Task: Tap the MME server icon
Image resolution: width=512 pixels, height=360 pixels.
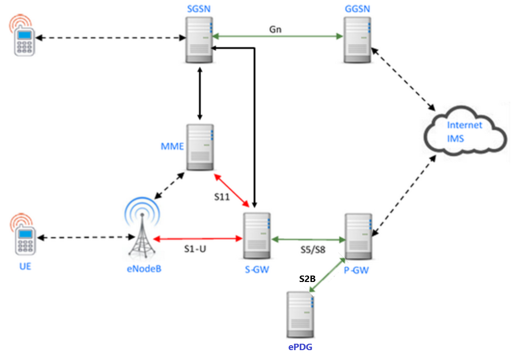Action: point(199,148)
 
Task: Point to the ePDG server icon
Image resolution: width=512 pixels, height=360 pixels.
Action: point(300,315)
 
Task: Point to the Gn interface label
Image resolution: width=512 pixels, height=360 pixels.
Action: point(276,29)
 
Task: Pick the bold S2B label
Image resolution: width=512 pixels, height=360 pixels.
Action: point(307,279)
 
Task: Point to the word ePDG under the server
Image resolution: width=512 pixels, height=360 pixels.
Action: point(300,347)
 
